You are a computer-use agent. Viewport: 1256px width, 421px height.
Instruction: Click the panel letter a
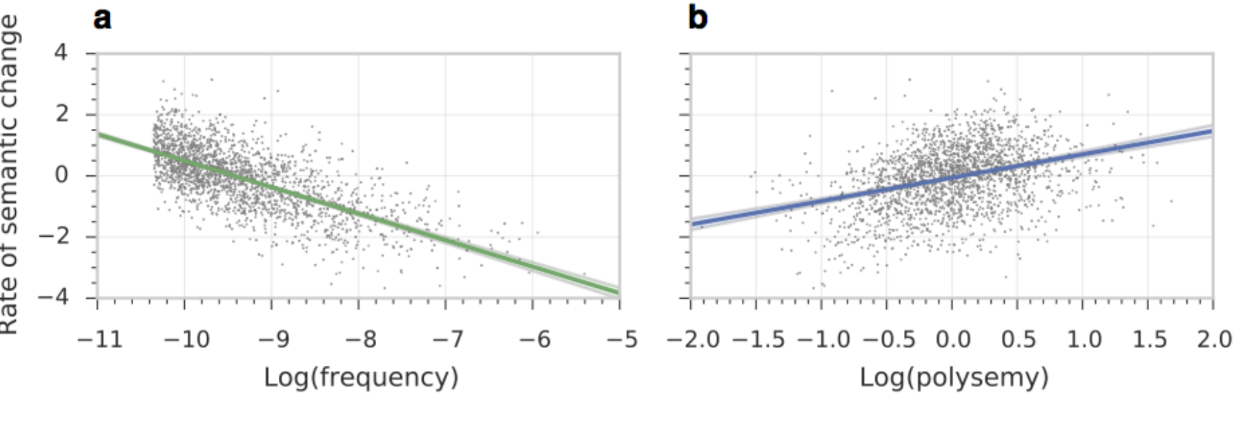(x=102, y=18)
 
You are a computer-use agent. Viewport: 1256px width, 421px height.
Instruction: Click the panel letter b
(x=698, y=17)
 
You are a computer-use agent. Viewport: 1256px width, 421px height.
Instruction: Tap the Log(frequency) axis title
(x=361, y=378)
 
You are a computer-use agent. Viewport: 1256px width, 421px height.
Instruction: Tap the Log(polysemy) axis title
(x=954, y=378)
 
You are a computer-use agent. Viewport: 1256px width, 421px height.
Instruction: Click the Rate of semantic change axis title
(x=10, y=175)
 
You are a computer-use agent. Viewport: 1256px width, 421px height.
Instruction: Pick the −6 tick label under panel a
(x=533, y=340)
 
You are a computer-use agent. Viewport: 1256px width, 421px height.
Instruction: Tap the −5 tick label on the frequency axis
(x=620, y=340)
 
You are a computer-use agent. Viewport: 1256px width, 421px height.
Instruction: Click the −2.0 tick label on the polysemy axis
(x=693, y=340)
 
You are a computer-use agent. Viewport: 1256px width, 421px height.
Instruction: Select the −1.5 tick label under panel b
(x=758, y=340)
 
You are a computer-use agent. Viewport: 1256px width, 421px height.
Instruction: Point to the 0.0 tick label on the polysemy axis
(x=952, y=340)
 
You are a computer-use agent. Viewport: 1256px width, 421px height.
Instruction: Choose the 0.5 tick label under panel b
(x=1018, y=340)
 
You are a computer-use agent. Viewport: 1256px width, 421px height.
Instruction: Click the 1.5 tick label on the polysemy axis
(x=1148, y=340)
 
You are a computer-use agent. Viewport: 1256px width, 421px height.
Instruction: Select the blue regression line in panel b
(x=952, y=177)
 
